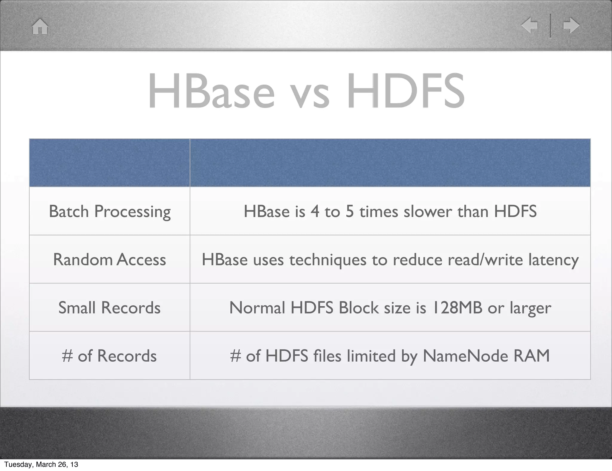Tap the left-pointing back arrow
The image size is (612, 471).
click(x=530, y=25)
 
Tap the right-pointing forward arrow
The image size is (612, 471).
click(x=571, y=25)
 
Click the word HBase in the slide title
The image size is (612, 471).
click(x=211, y=91)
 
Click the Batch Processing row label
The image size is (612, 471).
click(x=110, y=212)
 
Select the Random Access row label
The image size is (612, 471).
click(x=109, y=259)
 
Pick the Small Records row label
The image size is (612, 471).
click(x=109, y=308)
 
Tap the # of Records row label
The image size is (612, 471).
click(x=109, y=356)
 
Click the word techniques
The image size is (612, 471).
click(x=328, y=260)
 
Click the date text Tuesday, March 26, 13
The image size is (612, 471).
click(x=41, y=464)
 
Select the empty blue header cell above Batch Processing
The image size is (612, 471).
click(x=109, y=163)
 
